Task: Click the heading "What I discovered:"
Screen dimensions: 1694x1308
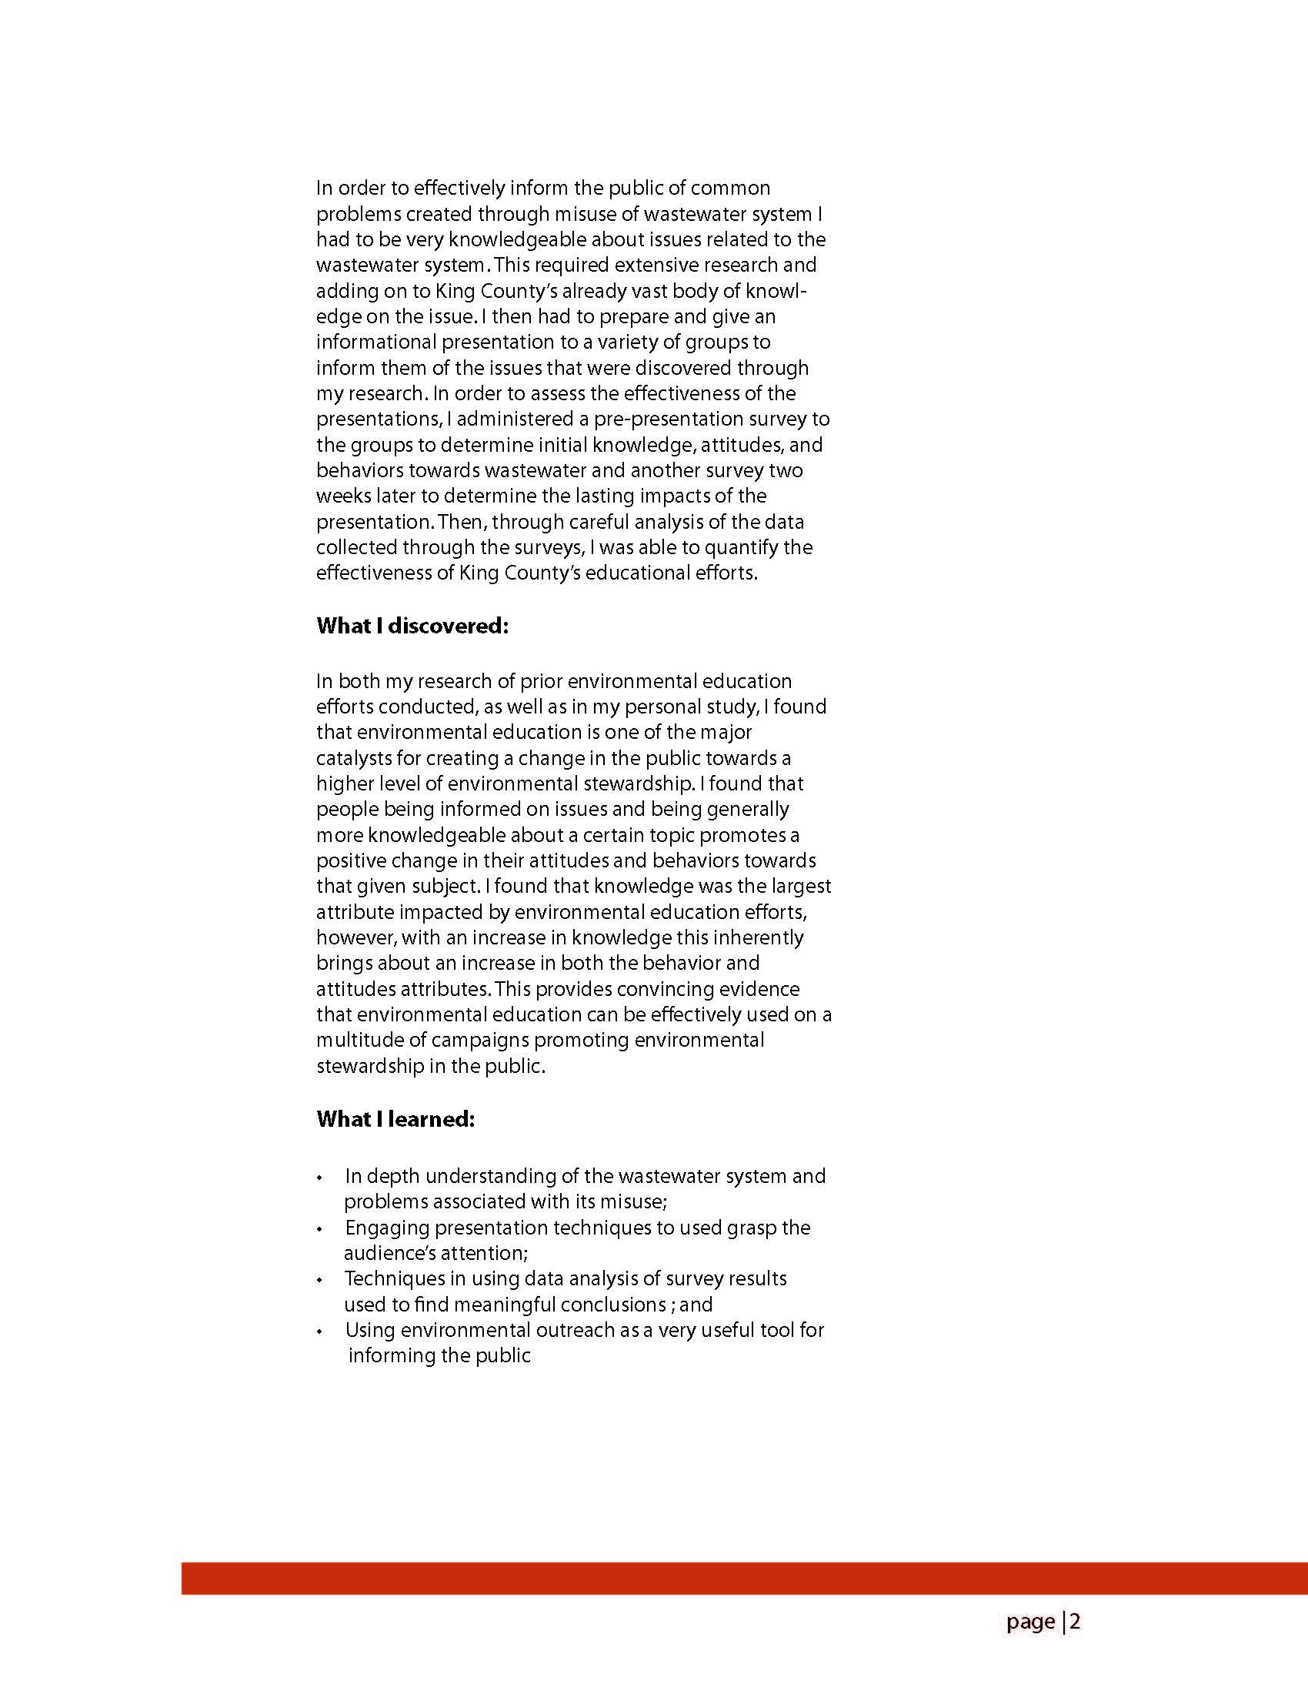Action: click(412, 626)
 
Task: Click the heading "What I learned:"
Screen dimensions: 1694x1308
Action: click(395, 1119)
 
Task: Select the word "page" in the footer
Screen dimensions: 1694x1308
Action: click(1030, 1621)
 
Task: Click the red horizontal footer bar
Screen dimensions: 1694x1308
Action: click(744, 1579)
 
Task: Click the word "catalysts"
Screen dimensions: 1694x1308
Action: click(355, 758)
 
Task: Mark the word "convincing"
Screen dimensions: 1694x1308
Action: click(682, 989)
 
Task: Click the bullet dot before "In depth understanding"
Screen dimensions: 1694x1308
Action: click(320, 1178)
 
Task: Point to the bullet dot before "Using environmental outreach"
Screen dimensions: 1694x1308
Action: click(320, 1331)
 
